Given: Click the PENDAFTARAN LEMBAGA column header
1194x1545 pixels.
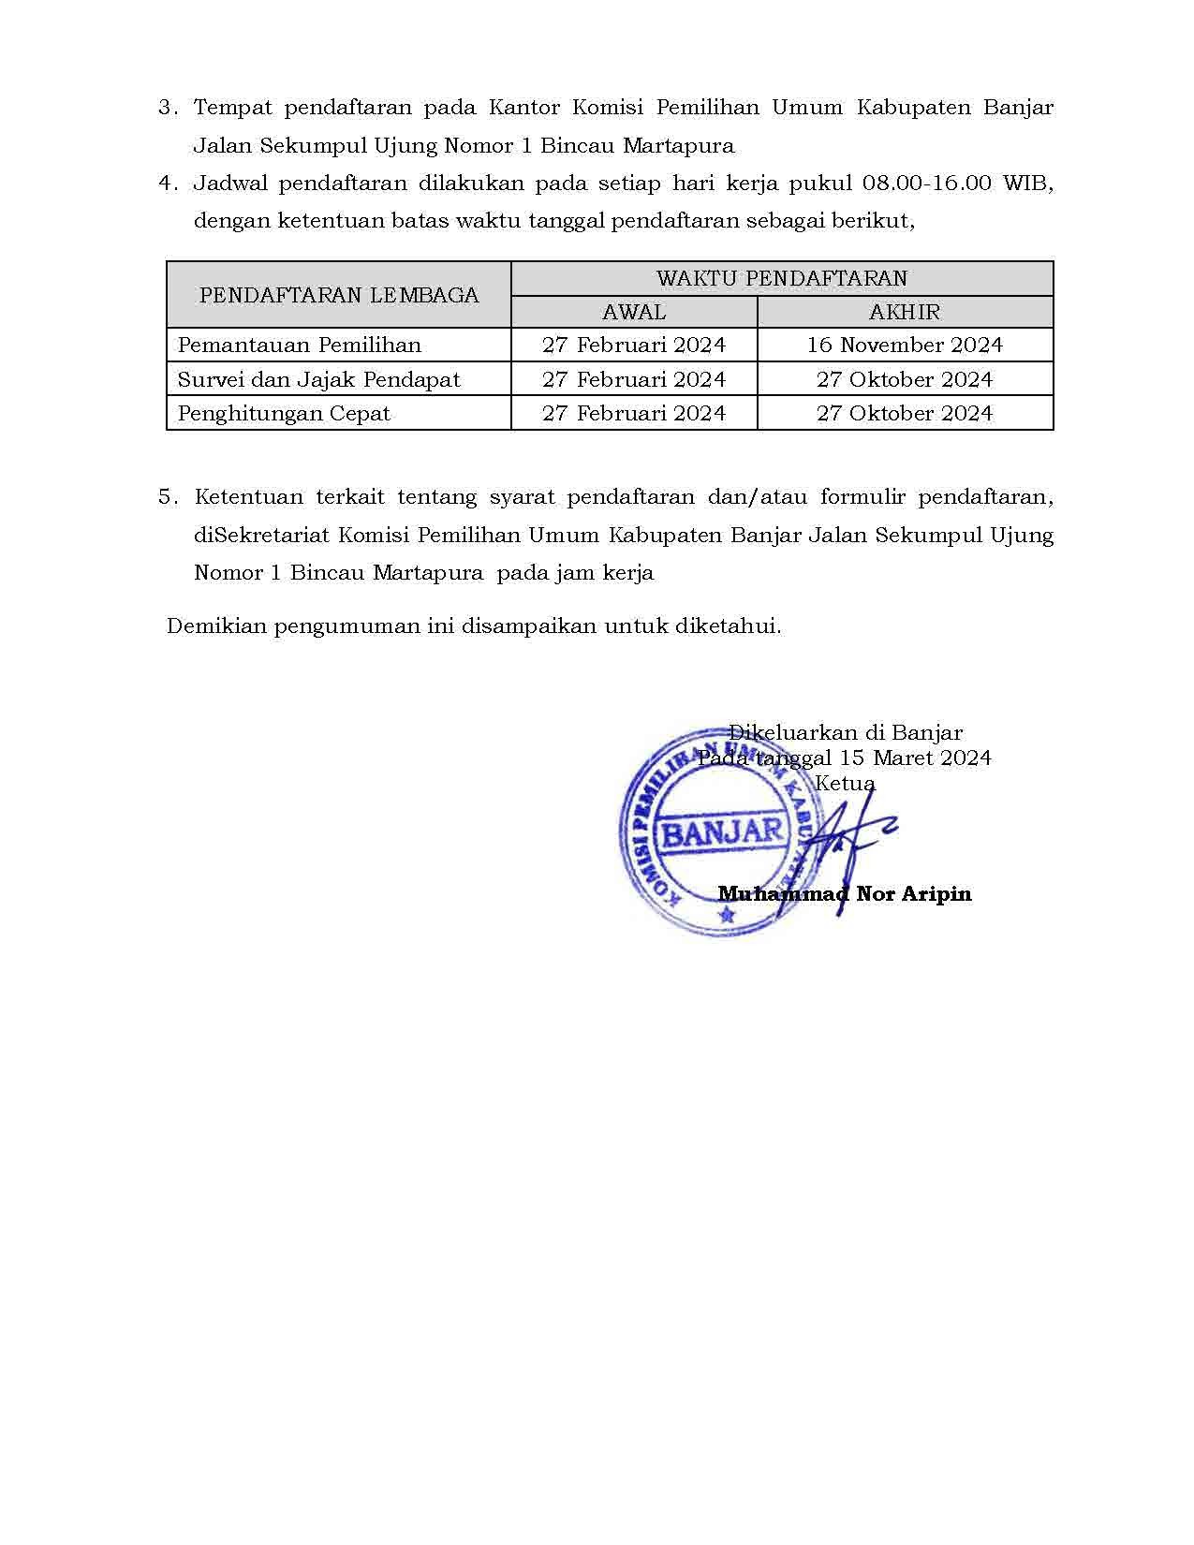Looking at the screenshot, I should [x=339, y=295].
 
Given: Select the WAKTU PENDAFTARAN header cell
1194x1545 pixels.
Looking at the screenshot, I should [x=782, y=278].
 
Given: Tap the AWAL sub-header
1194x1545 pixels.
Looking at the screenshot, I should [x=634, y=312].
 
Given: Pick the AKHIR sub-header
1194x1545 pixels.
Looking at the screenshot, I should [x=905, y=312].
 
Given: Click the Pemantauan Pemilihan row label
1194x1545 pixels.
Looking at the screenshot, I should [x=300, y=346].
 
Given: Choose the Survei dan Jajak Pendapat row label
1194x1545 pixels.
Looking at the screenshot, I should [x=319, y=379].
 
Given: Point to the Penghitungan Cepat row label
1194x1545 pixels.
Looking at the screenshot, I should [x=284, y=413].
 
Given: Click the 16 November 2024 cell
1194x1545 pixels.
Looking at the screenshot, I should [x=905, y=346].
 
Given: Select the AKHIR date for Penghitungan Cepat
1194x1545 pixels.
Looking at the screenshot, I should [x=905, y=413].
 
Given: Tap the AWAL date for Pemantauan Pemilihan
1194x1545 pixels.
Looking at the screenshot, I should [x=634, y=346].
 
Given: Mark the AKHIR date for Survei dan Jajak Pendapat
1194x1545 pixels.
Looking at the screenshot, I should [x=905, y=379].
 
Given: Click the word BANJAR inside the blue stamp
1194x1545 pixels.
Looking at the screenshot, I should [x=722, y=831].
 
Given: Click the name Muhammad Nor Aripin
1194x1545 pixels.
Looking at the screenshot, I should [x=845, y=894].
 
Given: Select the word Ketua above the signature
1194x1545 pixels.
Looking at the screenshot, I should [x=845, y=783].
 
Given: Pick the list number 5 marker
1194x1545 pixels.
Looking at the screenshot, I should [x=168, y=497].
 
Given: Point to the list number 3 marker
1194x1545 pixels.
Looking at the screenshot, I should [x=168, y=108].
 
